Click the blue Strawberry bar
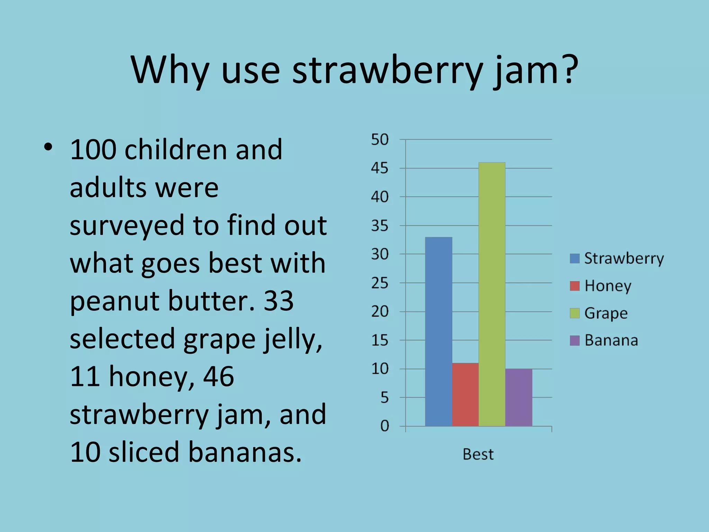pos(438,331)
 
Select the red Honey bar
pos(465,394)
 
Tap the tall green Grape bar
pos(492,294)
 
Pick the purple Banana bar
pos(518,397)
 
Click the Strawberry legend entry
pos(617,258)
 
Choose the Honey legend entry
pos(601,286)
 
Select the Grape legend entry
pos(599,313)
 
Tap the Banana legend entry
pos(604,340)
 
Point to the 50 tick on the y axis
pos(380,140)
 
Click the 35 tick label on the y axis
pos(380,226)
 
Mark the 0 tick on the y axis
pos(384,426)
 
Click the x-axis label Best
pos(478,454)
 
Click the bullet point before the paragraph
pos(48,148)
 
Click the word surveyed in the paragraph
pos(127,225)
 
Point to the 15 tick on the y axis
pos(380,341)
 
